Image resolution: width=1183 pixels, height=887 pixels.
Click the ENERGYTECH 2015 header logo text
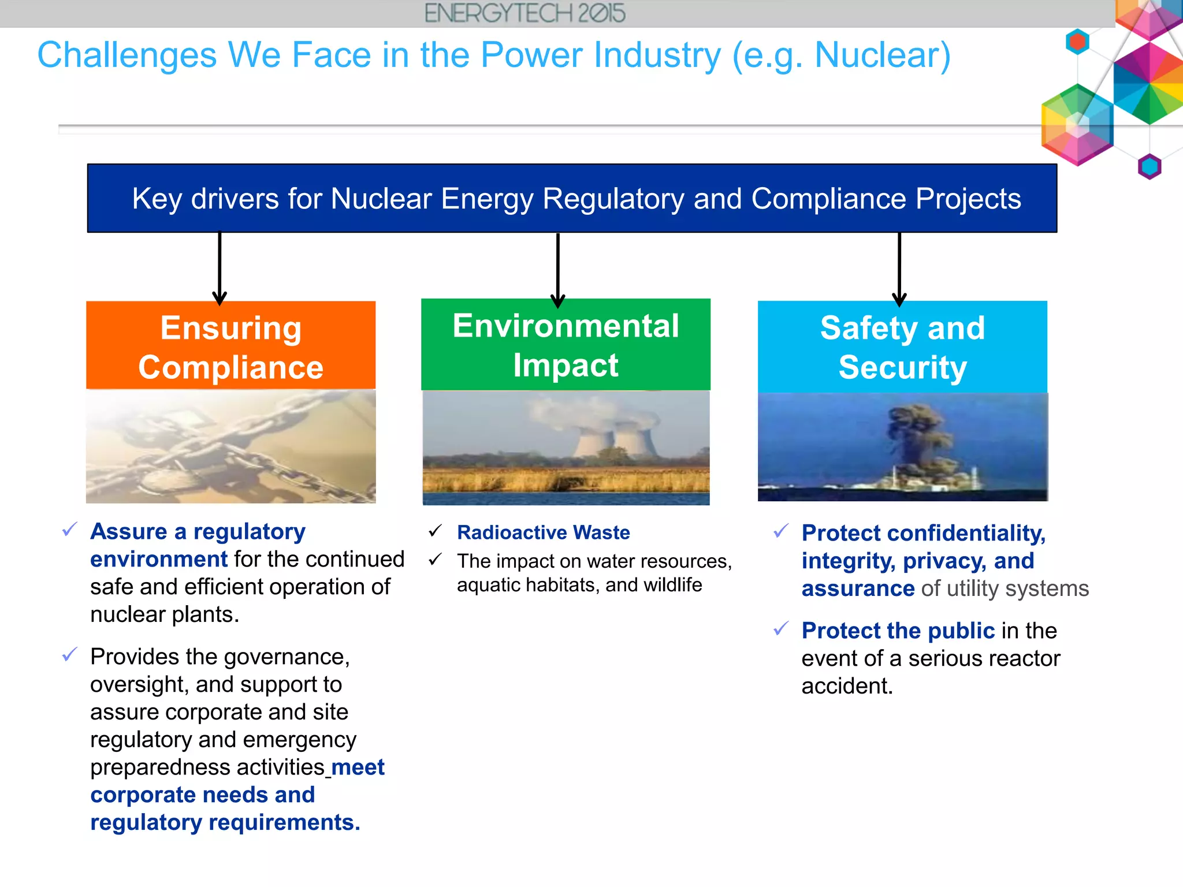pyautogui.click(x=524, y=13)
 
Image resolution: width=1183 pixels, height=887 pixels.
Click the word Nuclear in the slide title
pyautogui.click(x=882, y=55)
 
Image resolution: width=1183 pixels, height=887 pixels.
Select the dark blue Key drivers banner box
pyautogui.click(x=572, y=198)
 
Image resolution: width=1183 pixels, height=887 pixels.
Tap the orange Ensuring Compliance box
pyautogui.click(x=230, y=346)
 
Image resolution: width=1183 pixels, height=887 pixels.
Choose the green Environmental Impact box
pyautogui.click(x=566, y=345)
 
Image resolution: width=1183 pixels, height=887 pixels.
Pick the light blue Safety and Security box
pyautogui.click(x=902, y=347)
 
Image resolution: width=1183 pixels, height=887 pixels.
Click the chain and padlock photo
pyautogui.click(x=230, y=446)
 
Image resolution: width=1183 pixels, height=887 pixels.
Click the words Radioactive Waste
pyautogui.click(x=543, y=532)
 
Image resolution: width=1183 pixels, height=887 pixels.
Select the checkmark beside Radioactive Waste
pyautogui.click(x=436, y=531)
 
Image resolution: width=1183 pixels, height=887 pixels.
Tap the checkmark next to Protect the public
pyautogui.click(x=781, y=628)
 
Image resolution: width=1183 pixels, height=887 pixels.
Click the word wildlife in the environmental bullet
pyautogui.click(x=672, y=585)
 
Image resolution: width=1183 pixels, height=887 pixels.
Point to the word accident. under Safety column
pyautogui.click(x=847, y=686)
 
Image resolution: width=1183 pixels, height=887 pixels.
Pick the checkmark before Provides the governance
pyautogui.click(x=70, y=654)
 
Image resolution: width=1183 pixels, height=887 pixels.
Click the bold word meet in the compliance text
pyautogui.click(x=358, y=767)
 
